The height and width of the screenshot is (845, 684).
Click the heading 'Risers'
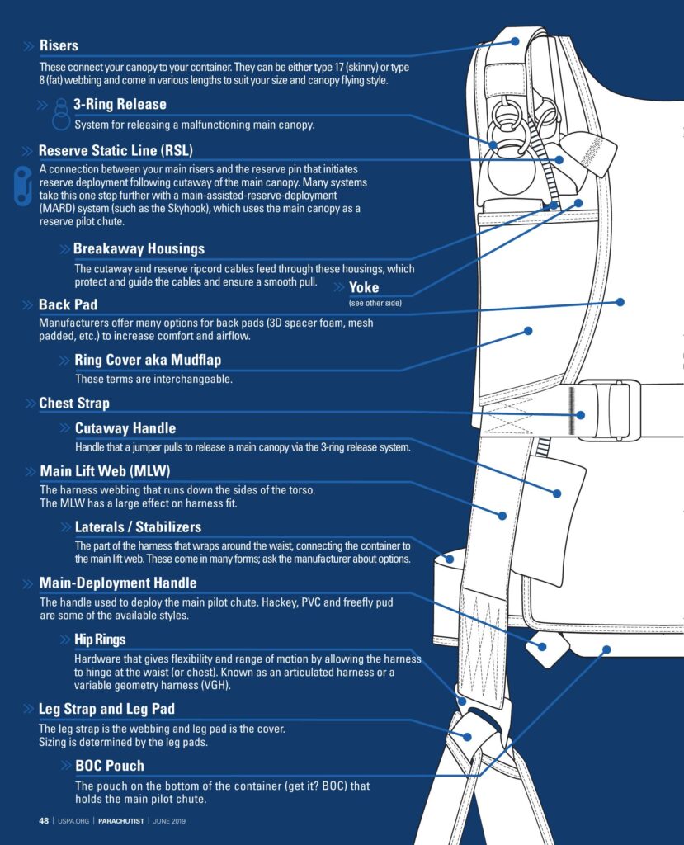click(59, 45)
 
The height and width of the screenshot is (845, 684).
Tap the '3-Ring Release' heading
click(120, 105)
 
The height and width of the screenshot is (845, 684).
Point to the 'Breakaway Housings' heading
click(139, 248)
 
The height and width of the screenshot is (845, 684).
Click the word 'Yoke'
click(364, 287)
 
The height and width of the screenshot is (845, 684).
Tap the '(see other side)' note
click(375, 304)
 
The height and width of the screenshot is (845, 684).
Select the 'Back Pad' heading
click(68, 305)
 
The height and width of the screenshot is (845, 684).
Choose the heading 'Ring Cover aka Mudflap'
click(148, 360)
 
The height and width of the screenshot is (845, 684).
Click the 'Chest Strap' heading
click(74, 404)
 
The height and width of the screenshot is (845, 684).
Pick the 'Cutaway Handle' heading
click(125, 428)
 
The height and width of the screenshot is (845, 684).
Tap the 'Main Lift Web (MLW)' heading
click(104, 471)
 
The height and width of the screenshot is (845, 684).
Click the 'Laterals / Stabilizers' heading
click(138, 526)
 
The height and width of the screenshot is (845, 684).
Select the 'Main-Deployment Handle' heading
click(118, 583)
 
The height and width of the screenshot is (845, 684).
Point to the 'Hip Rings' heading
click(100, 640)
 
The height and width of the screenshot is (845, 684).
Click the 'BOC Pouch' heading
click(109, 766)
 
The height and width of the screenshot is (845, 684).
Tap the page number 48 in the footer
click(44, 821)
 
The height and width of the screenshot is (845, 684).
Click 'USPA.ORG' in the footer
click(73, 821)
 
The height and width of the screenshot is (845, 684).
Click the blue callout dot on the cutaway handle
click(557, 493)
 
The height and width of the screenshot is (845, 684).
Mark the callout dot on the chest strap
click(581, 415)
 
